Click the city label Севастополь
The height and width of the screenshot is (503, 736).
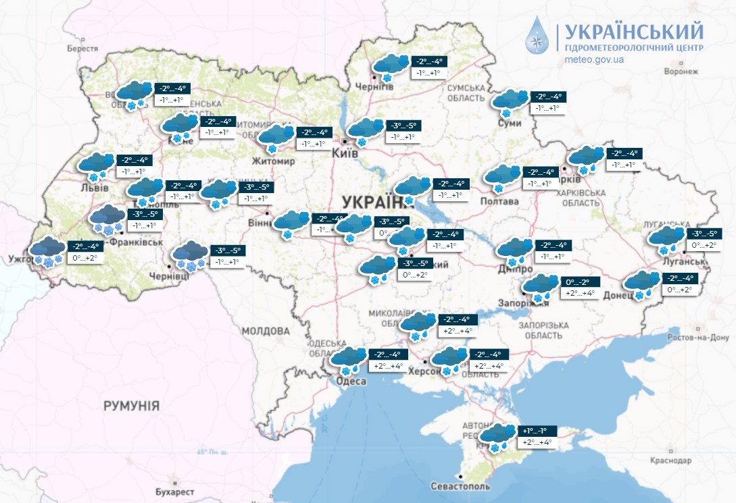(460, 487)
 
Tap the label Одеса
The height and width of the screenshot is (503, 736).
(351, 381)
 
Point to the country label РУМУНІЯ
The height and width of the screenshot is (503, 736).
(131, 406)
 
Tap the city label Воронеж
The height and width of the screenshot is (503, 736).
(680, 71)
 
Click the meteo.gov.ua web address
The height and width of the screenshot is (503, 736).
(593, 59)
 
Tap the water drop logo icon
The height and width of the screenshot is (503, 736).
(539, 38)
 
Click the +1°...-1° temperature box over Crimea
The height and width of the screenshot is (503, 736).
(539, 431)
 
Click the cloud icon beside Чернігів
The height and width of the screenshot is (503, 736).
(391, 66)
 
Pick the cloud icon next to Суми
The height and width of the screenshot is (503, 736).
(510, 100)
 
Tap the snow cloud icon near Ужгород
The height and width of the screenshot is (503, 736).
(47, 250)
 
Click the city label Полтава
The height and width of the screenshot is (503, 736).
(499, 201)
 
